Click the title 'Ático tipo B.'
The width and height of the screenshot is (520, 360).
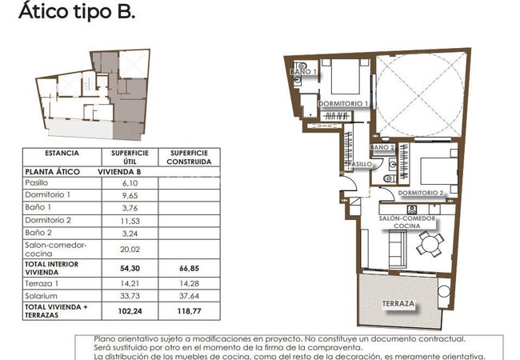(x=77, y=11)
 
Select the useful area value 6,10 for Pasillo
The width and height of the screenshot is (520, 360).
(x=130, y=183)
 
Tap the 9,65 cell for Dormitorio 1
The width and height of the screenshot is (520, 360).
(x=130, y=195)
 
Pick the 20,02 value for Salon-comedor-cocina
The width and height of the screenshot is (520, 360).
(x=130, y=250)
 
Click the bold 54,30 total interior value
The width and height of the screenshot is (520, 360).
(x=130, y=268)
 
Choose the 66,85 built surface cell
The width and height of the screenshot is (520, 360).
(x=189, y=268)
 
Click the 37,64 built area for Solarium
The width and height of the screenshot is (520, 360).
(x=189, y=296)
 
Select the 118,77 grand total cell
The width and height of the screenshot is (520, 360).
(x=189, y=311)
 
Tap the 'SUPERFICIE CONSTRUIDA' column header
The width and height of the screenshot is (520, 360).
(x=189, y=157)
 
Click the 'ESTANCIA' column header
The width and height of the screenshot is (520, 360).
(x=62, y=153)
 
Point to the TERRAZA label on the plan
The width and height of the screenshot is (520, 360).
(x=398, y=303)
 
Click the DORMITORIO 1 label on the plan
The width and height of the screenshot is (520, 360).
(x=343, y=104)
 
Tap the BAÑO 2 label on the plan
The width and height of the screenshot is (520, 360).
(x=382, y=147)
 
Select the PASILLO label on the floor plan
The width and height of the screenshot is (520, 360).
(x=359, y=164)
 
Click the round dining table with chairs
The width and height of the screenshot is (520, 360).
(x=430, y=244)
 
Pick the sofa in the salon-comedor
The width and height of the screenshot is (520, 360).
(x=398, y=249)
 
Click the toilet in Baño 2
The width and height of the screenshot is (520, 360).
(x=389, y=178)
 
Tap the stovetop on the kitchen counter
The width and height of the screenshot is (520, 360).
(x=412, y=210)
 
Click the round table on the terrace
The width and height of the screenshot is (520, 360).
(x=444, y=292)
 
